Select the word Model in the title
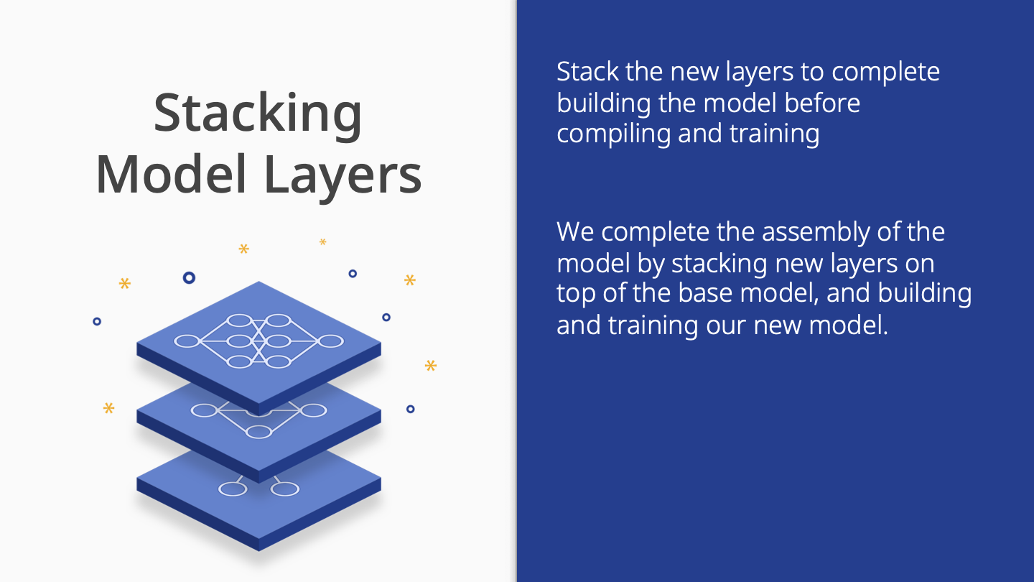tap(171, 174)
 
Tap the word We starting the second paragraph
tap(575, 232)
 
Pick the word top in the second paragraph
tap(576, 295)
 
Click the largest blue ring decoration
tap(189, 277)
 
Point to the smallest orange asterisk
tap(322, 241)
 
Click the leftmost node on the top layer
tap(187, 341)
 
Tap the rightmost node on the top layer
tap(330, 341)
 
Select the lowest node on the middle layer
tap(258, 432)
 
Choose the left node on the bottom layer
tap(233, 489)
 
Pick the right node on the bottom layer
tap(285, 489)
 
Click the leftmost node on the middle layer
tap(204, 410)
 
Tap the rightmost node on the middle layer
tap(313, 410)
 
